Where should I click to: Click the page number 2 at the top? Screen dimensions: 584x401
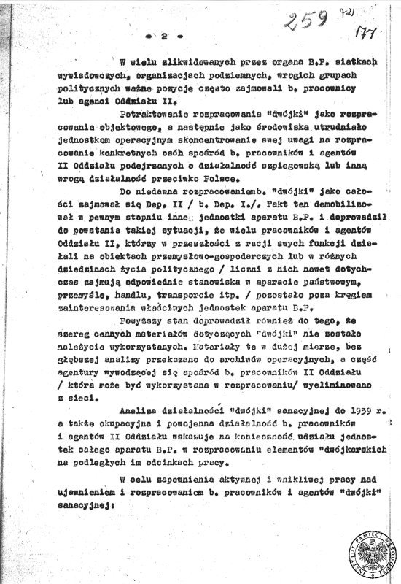165,35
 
